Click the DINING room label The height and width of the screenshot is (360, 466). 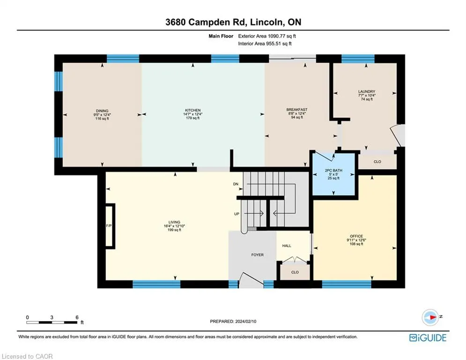coord(102,111)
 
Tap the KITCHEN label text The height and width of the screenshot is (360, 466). coord(193,110)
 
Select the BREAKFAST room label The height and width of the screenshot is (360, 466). coord(297,110)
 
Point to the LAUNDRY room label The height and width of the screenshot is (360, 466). coord(367,91)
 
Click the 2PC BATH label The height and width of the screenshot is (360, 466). coord(333,171)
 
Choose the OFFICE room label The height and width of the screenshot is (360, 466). coord(356,236)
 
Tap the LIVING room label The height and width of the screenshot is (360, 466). coord(174,222)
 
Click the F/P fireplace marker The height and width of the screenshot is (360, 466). coord(109,226)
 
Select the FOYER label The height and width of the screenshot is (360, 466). coord(258,255)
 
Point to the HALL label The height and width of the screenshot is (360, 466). coord(287,246)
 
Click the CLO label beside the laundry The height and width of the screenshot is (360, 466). coord(377,162)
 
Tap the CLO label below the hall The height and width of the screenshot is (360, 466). coord(295,272)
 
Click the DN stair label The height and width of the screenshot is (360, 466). coord(236,184)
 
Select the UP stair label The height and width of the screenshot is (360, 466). coord(237,214)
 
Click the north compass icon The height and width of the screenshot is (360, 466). coord(430,317)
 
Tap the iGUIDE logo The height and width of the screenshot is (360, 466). coord(428,337)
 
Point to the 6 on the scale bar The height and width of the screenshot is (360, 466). coord(77,317)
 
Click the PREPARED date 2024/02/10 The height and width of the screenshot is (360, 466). coord(245,321)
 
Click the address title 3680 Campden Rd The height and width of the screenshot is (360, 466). coord(206,22)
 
